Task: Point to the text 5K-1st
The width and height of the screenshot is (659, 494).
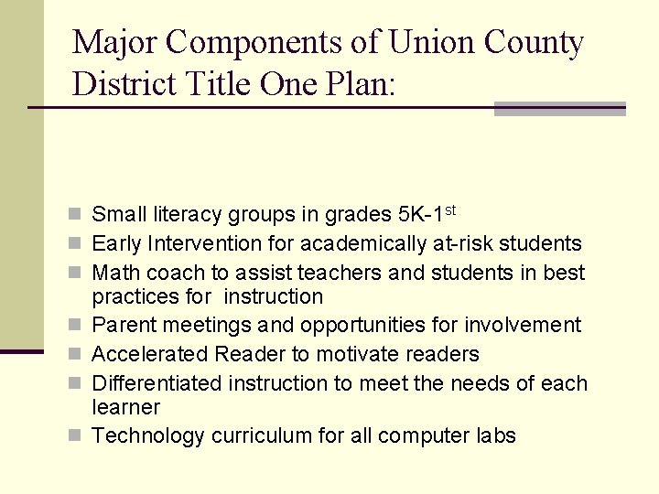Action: pyautogui.click(x=428, y=214)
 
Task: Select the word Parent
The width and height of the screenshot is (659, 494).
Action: pyautogui.click(x=122, y=325)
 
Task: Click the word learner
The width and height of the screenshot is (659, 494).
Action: pyautogui.click(x=125, y=407)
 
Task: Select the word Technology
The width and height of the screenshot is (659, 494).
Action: pyautogui.click(x=148, y=436)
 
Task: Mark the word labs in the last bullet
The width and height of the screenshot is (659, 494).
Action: pyautogui.click(x=495, y=435)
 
